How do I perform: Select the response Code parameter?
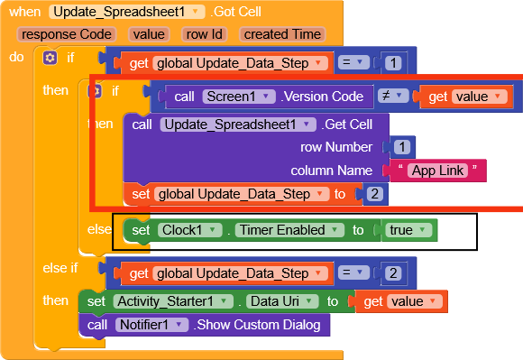[60, 34]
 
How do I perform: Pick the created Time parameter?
[282, 34]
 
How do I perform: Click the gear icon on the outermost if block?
[50, 58]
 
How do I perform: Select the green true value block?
[408, 230]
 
